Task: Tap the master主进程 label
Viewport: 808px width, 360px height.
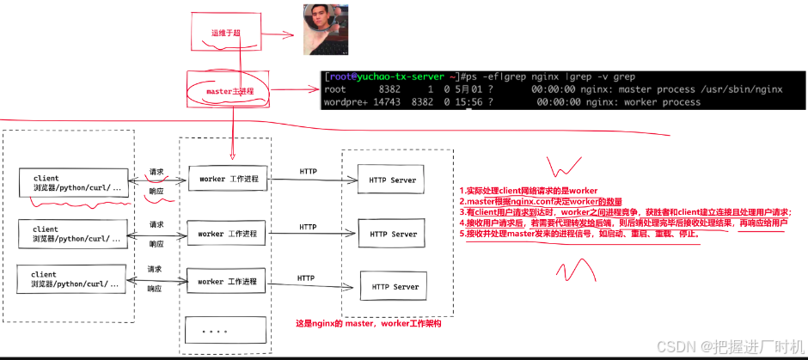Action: click(226, 90)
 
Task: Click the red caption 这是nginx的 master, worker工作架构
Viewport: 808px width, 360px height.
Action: click(368, 324)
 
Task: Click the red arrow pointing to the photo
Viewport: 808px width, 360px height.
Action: click(279, 36)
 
